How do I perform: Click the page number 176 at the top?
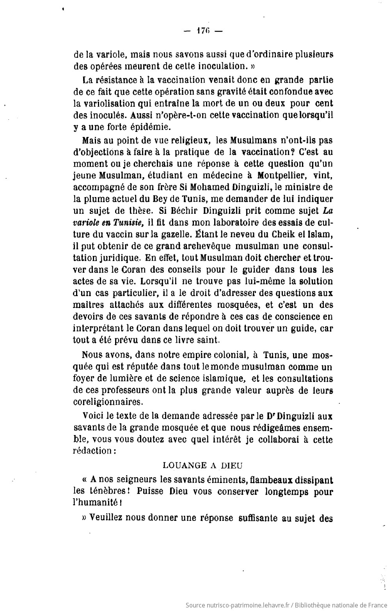point(202,31)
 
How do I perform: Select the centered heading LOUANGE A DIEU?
point(202,465)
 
